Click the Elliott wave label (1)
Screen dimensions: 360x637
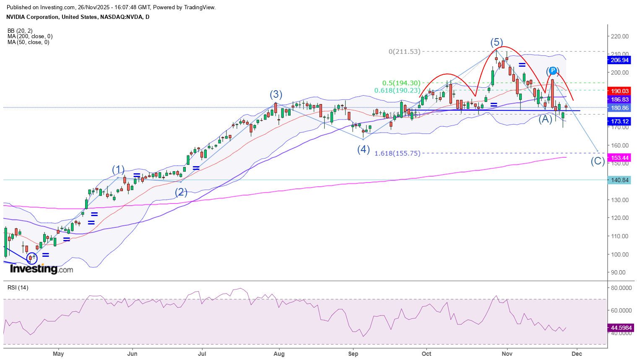click(x=118, y=170)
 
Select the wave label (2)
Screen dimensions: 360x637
click(x=181, y=192)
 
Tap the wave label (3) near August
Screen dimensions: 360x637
click(x=276, y=94)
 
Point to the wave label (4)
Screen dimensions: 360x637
click(x=364, y=149)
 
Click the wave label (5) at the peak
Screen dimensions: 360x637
click(x=497, y=42)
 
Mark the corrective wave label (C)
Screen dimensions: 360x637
click(x=598, y=161)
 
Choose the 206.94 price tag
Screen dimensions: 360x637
click(x=620, y=60)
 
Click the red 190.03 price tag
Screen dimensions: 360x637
click(x=620, y=91)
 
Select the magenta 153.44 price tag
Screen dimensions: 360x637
click(x=620, y=158)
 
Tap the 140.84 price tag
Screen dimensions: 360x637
click(x=620, y=180)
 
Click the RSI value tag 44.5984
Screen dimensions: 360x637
click(x=621, y=328)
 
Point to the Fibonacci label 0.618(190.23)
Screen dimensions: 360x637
click(x=397, y=91)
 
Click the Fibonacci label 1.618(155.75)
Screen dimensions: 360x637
click(x=397, y=154)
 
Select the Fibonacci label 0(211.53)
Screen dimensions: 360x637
click(x=404, y=52)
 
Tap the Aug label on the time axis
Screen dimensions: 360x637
click(x=279, y=354)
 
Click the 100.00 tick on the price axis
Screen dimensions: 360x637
click(x=620, y=254)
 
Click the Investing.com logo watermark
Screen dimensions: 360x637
click(x=41, y=269)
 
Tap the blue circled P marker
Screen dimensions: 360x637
click(x=553, y=70)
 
